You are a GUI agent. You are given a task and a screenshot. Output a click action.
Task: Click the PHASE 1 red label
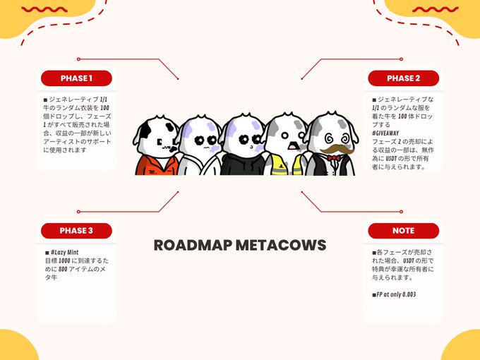(76, 78)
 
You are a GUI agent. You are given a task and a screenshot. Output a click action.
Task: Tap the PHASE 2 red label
(404, 78)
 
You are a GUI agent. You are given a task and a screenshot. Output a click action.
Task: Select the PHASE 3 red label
(76, 231)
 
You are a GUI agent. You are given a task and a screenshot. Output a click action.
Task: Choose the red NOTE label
(404, 231)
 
